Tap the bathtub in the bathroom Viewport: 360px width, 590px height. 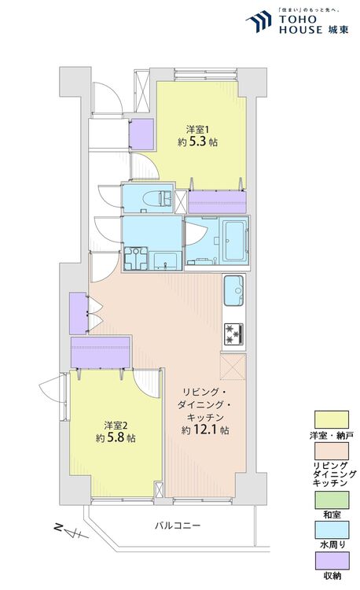click(236, 241)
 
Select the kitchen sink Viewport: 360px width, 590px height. click(233, 290)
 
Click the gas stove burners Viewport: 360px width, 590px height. click(233, 334)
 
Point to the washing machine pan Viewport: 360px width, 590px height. click(136, 258)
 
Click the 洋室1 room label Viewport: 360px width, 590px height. click(197, 130)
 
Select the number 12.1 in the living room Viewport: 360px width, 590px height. click(205, 430)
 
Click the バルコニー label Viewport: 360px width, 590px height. click(178, 525)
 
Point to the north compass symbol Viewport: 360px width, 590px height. click(71, 531)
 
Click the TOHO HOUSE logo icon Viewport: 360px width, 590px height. click(259, 21)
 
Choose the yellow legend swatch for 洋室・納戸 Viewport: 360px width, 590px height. click(332, 419)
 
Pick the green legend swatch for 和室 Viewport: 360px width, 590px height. click(332, 500)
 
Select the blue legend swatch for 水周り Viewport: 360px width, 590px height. click(332, 529)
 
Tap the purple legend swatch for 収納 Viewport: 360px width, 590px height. click(332, 561)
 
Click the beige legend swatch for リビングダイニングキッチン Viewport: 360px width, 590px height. click(332, 451)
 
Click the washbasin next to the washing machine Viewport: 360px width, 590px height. click(165, 260)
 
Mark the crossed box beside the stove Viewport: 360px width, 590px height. click(233, 367)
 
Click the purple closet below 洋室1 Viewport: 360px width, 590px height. click(217, 202)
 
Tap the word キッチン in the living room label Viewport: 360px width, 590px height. click(206, 417)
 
